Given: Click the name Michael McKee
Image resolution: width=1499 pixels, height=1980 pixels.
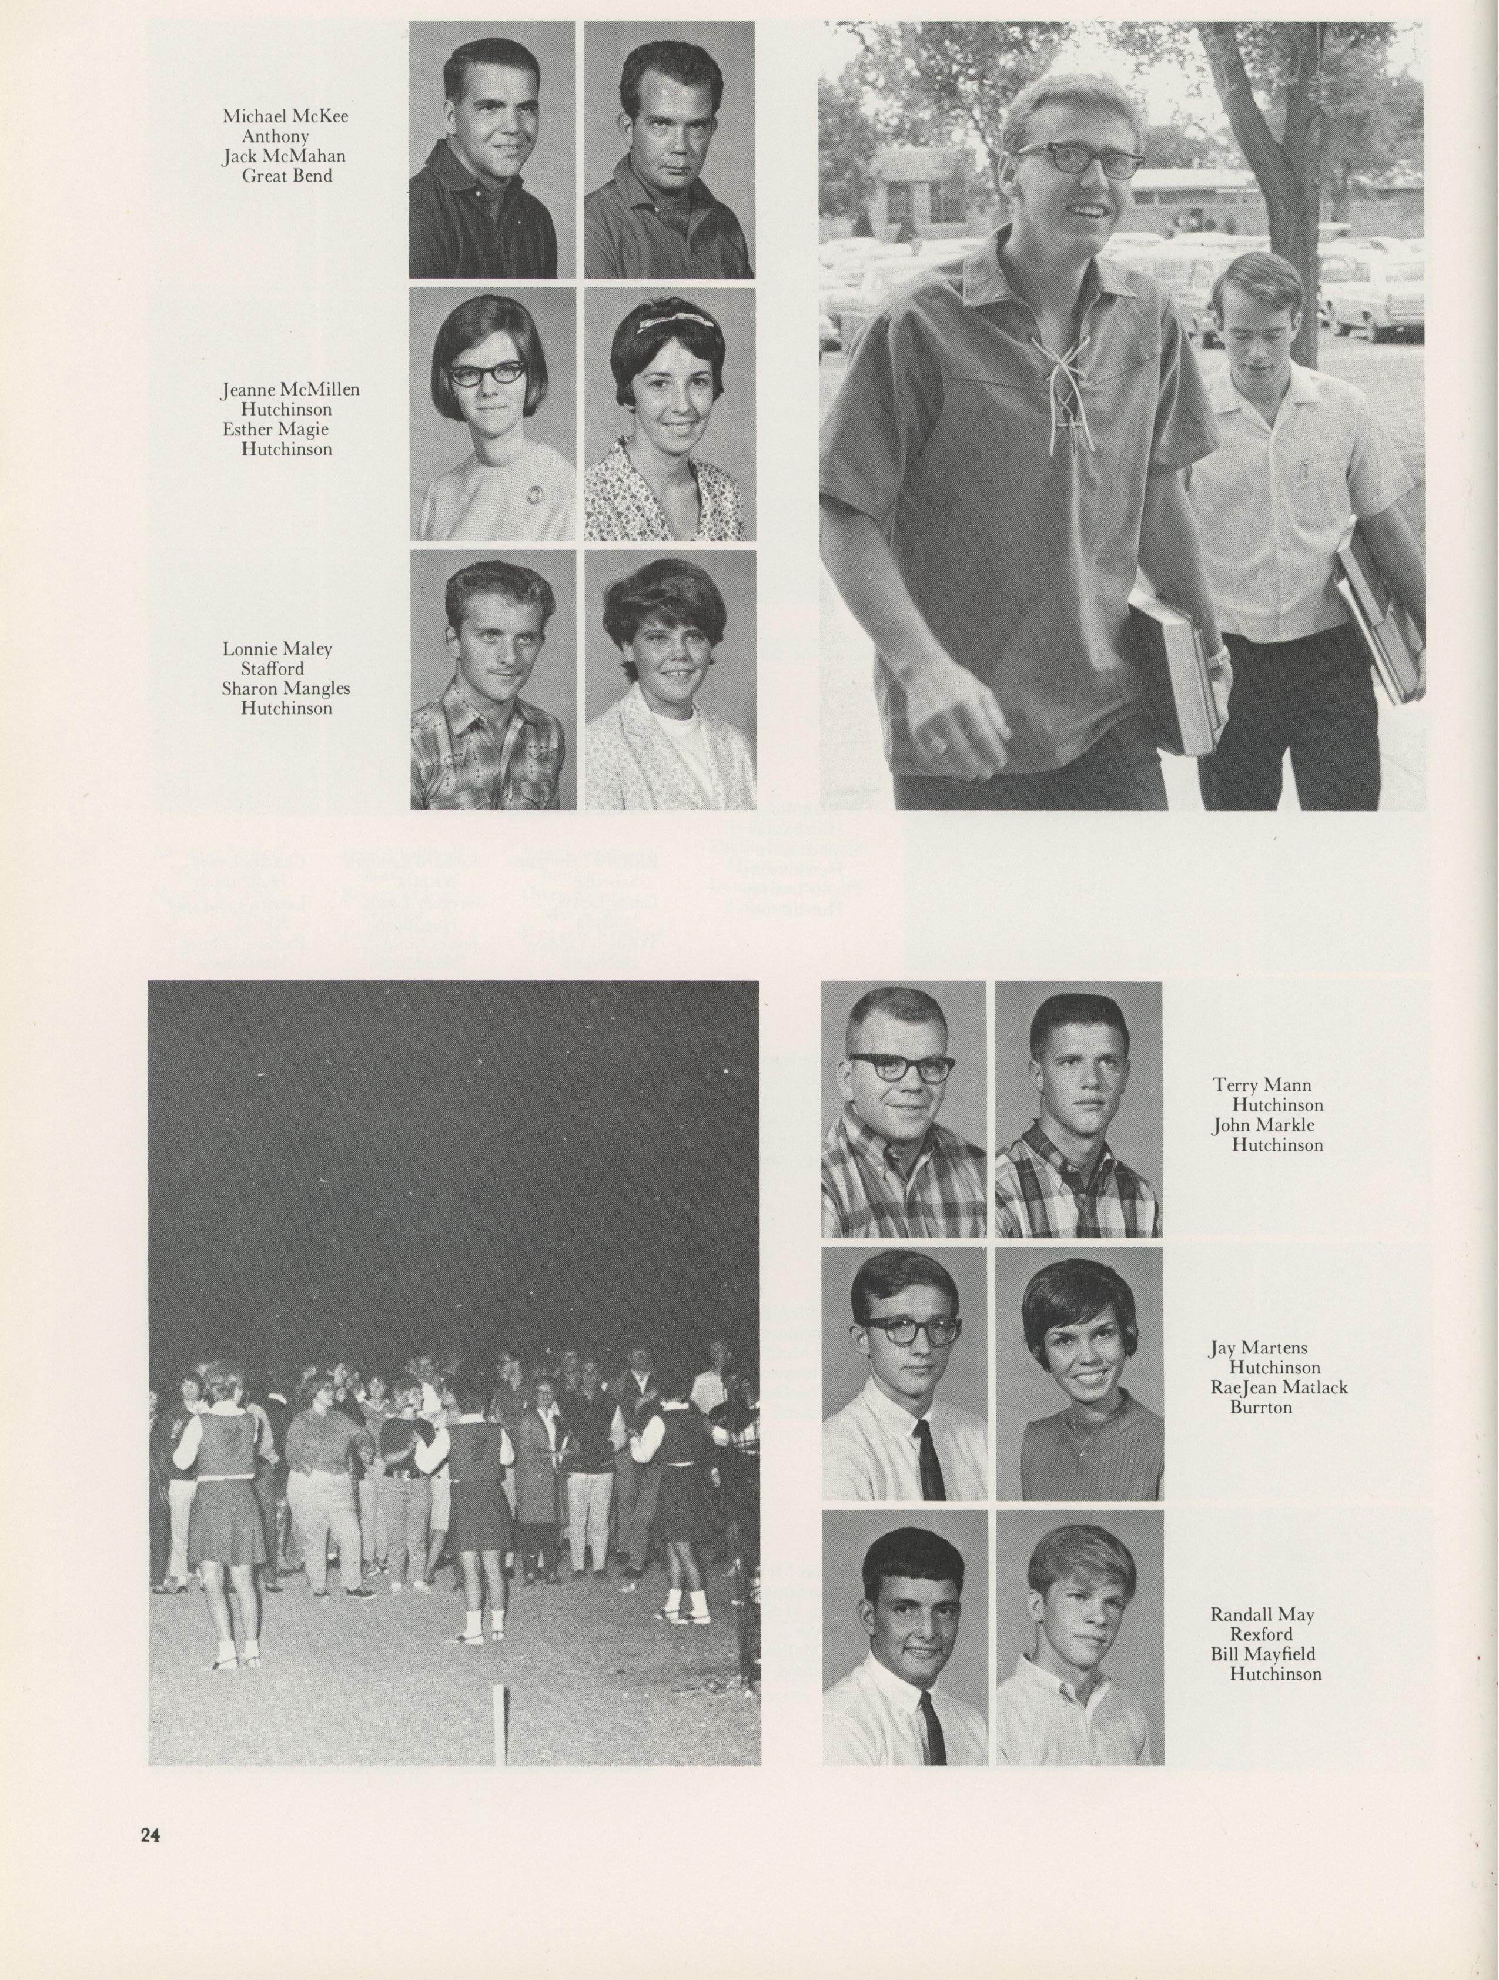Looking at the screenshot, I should click(285, 116).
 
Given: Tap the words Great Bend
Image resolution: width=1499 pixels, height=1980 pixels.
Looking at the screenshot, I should click(286, 176).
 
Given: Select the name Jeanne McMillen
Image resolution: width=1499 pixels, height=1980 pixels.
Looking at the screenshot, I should click(290, 390).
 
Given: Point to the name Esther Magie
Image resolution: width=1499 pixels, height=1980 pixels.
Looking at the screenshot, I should click(275, 429).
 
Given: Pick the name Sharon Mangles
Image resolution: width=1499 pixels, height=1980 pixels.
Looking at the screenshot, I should click(286, 688).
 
